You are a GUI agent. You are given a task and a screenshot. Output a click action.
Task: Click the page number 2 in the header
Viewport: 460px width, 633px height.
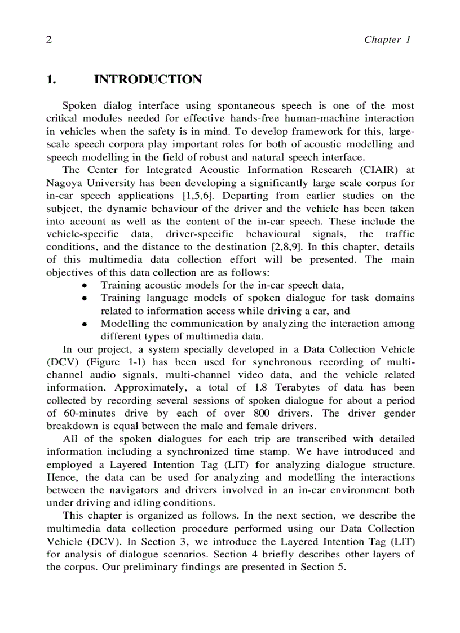tap(49, 39)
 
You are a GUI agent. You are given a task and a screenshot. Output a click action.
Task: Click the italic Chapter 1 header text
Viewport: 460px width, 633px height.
tap(387, 39)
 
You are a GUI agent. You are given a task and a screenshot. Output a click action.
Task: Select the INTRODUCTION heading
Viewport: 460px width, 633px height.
tap(148, 79)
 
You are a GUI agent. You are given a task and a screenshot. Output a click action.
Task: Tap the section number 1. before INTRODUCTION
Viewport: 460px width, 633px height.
tap(51, 79)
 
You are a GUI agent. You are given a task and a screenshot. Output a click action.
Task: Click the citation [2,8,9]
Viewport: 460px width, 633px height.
tap(241, 247)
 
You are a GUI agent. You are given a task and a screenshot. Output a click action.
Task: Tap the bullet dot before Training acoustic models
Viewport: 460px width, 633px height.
tap(83, 286)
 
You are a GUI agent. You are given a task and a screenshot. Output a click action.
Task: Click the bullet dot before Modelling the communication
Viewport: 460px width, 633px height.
tap(83, 325)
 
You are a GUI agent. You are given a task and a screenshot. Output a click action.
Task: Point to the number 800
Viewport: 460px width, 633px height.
tap(273, 413)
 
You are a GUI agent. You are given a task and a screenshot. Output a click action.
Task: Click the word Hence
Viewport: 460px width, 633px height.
tap(61, 477)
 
